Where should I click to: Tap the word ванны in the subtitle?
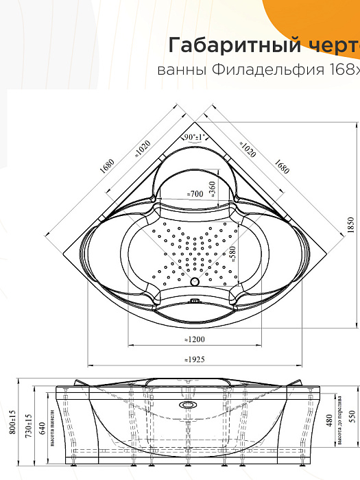pyautogui.click(x=178, y=71)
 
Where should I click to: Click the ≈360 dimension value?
pyautogui.click(x=213, y=187)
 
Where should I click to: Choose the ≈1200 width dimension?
pyautogui.click(x=195, y=339)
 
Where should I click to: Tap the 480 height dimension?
pyautogui.click(x=329, y=420)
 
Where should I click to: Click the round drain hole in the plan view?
pyautogui.click(x=194, y=282)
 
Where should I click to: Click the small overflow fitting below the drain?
pyautogui.click(x=195, y=300)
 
